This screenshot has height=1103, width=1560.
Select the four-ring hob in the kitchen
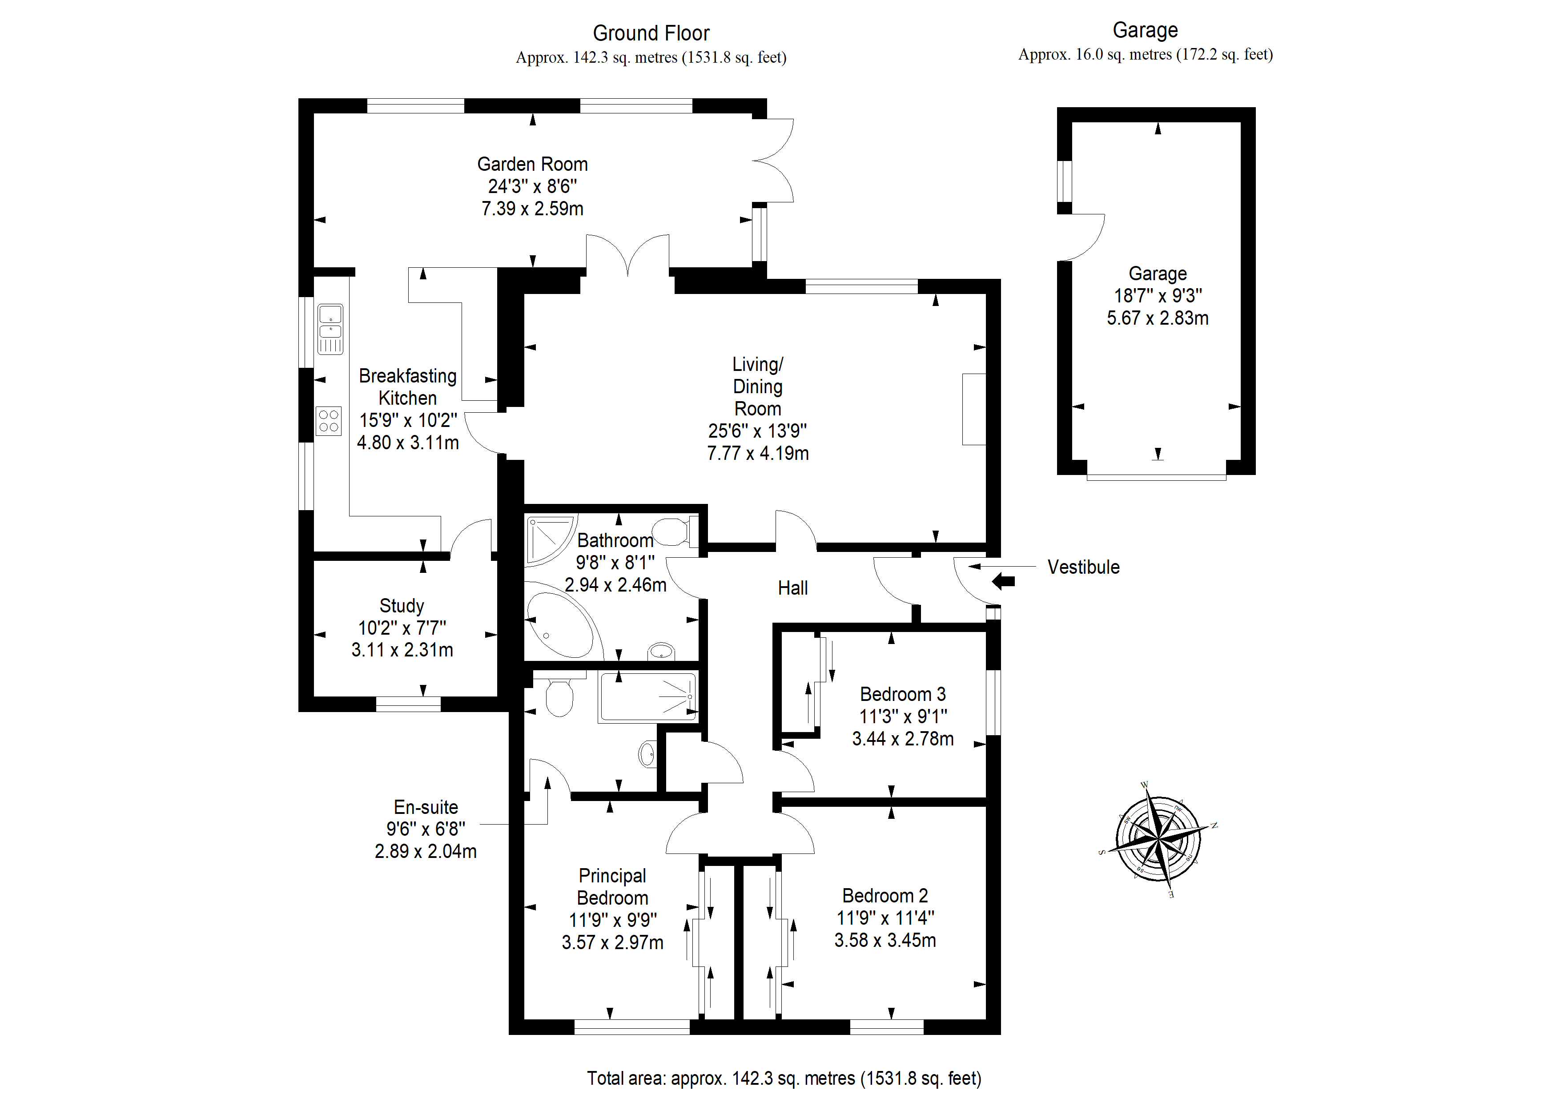329,421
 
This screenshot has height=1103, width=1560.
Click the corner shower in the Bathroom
551,539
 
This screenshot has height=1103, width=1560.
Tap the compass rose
1157,839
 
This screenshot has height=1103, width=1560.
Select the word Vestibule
1083,567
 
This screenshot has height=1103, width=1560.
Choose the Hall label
792,588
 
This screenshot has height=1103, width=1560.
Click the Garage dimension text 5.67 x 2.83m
1157,318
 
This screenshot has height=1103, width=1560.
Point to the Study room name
402,605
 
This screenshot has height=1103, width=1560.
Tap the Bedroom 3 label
902,694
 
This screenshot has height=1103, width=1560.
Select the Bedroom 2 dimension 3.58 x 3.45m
885,940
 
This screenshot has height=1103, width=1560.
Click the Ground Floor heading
651,32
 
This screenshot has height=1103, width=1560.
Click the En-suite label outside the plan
426,807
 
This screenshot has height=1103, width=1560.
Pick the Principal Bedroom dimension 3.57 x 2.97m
612,942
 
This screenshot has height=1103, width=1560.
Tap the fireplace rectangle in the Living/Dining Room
973,409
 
